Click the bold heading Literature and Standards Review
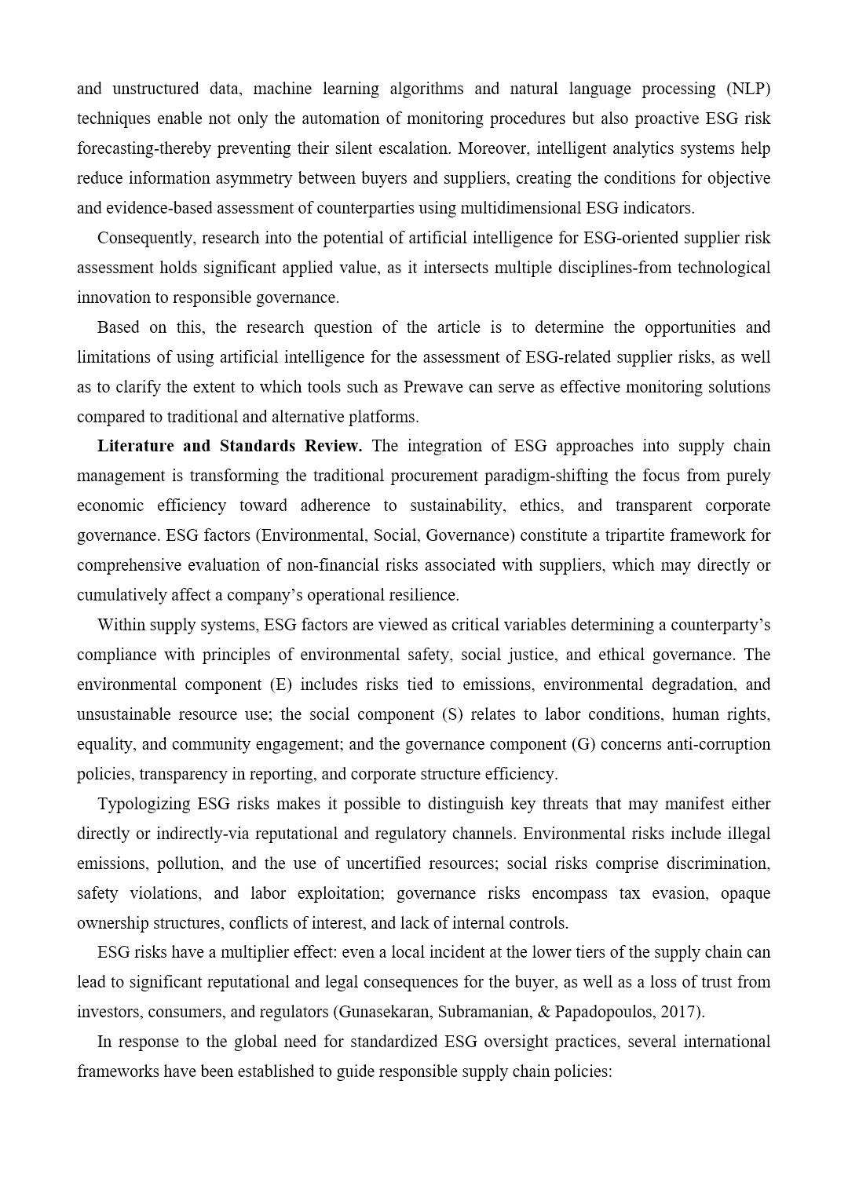click(x=229, y=446)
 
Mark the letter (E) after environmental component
click(x=280, y=684)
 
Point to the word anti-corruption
click(x=718, y=744)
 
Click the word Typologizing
click(x=144, y=804)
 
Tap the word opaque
click(x=745, y=893)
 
